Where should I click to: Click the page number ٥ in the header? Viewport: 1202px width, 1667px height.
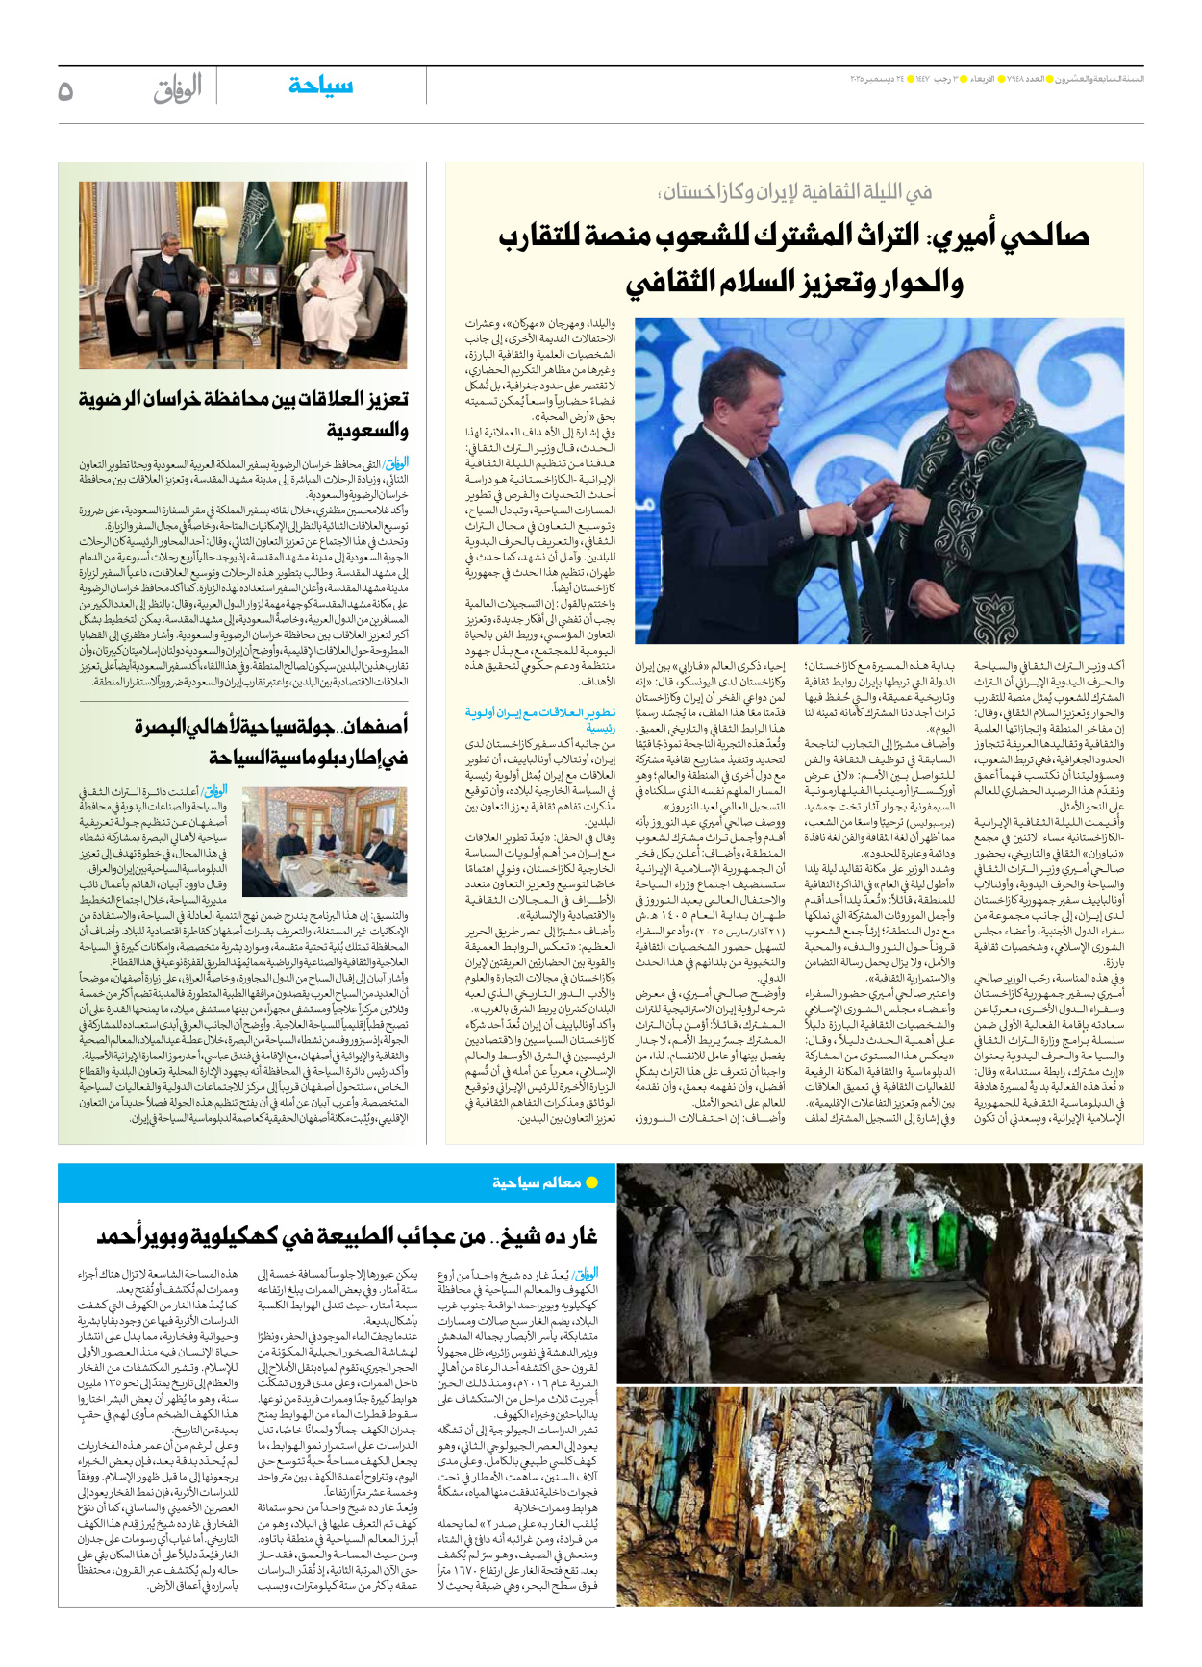65,91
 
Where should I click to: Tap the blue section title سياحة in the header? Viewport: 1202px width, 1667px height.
320,86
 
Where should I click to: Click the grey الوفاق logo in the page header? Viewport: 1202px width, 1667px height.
178,89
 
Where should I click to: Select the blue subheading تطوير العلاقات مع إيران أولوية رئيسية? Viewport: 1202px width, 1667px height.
540,719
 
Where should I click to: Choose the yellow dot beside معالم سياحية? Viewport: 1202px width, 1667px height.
592,1182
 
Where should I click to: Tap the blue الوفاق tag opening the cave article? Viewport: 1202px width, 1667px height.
585,1275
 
